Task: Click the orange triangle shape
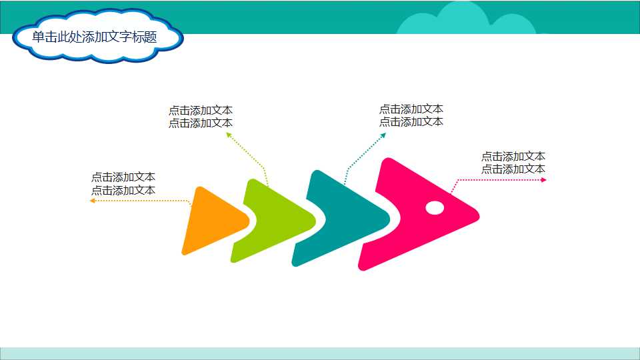(x=210, y=222)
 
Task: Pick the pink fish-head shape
(x=413, y=213)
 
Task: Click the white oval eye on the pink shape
(x=435, y=208)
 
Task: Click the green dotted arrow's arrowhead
(x=228, y=135)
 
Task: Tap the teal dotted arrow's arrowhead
(x=383, y=135)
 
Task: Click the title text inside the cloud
(x=94, y=37)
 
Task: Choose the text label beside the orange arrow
(x=123, y=183)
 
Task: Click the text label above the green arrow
(x=201, y=117)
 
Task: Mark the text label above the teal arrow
(x=411, y=115)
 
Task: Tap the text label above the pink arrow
(x=513, y=163)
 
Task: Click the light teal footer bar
(x=320, y=353)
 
